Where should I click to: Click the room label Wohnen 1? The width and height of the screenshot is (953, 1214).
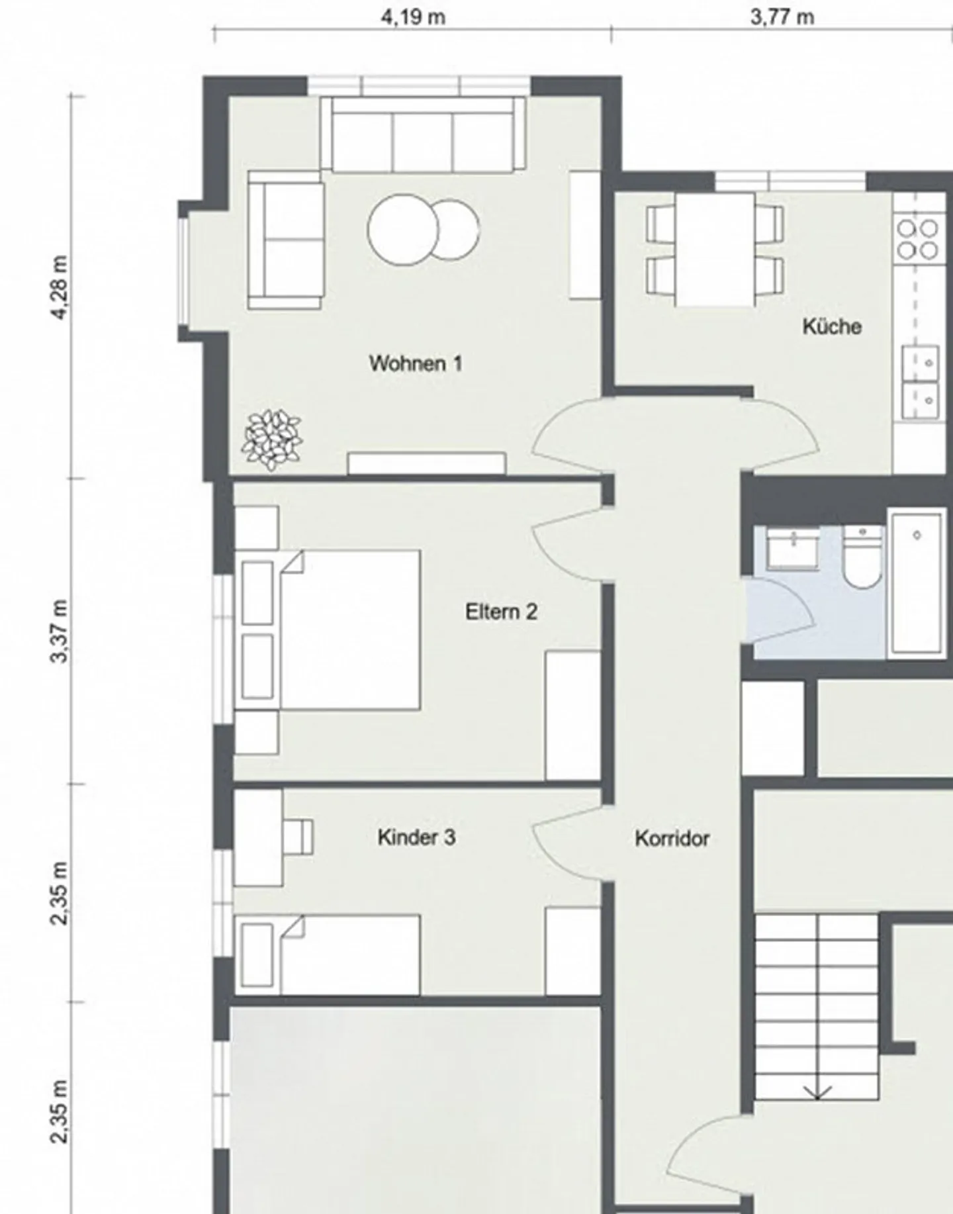point(416,363)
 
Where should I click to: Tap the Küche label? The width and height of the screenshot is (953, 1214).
point(832,326)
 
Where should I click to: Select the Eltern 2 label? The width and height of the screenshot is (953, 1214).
point(501,612)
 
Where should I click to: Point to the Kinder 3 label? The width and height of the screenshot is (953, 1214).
point(416,837)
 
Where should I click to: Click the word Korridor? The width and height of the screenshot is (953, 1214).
point(672,839)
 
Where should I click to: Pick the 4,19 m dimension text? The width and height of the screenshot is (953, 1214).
point(412,17)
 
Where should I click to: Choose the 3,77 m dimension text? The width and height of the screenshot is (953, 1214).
point(782,17)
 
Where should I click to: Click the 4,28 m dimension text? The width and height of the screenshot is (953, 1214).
point(60,287)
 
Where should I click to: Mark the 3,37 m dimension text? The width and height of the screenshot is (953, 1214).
point(60,631)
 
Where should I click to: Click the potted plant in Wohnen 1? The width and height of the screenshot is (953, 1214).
point(272,440)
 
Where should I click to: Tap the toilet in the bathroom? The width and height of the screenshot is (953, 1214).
point(862,557)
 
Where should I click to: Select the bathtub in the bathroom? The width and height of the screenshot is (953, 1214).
point(917,583)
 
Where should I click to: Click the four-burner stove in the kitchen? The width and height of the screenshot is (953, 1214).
point(917,239)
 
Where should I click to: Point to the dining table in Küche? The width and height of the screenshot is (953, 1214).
point(715,250)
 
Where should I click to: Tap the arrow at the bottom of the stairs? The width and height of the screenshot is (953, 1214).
point(817,1090)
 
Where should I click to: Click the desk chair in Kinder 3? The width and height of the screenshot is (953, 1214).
point(298,836)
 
